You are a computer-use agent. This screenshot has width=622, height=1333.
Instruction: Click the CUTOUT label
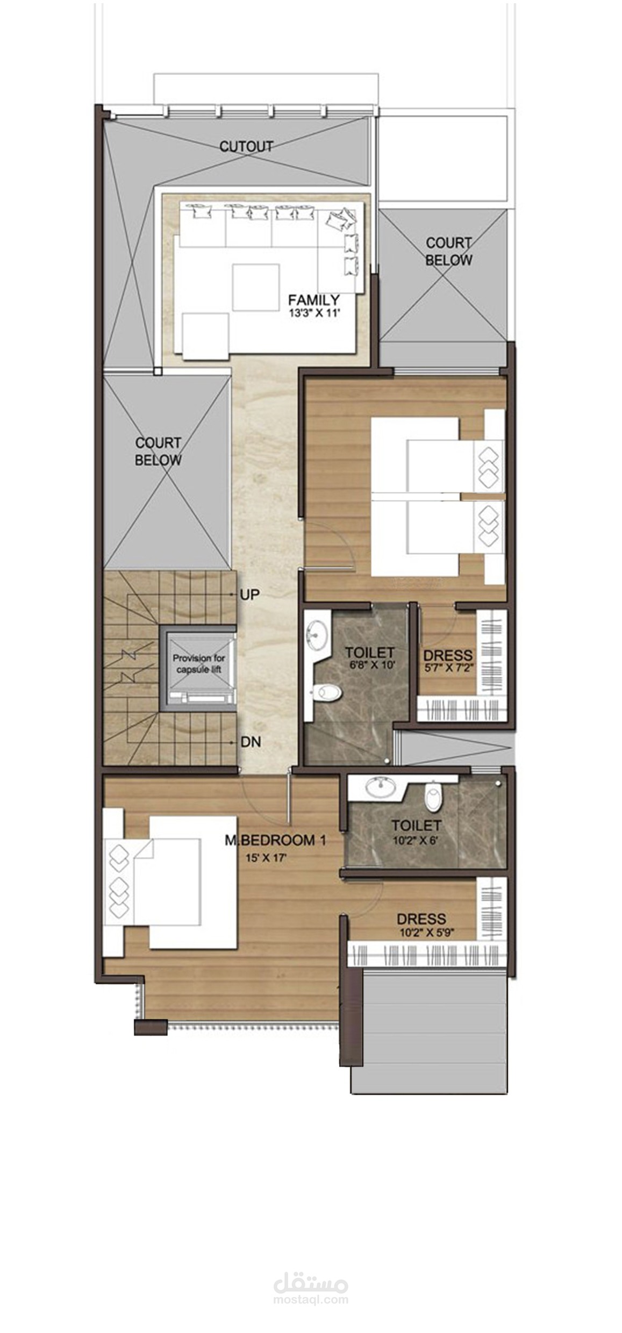point(246,146)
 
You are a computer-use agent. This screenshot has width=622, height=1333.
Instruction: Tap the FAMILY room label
point(313,300)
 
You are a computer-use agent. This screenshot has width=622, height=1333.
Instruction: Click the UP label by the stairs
point(250,594)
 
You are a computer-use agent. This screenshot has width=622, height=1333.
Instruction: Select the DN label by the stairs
point(251,742)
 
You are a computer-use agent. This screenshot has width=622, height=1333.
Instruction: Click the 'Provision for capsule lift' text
point(198,664)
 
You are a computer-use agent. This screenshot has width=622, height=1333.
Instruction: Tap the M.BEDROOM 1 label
point(275,841)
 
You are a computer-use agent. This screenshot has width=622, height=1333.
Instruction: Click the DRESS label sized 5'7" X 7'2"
point(448,655)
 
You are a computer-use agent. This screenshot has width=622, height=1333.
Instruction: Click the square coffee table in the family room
point(256,286)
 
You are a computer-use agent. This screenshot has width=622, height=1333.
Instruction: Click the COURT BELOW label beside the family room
point(449,252)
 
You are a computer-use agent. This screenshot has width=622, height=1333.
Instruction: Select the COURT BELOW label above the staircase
point(158,451)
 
